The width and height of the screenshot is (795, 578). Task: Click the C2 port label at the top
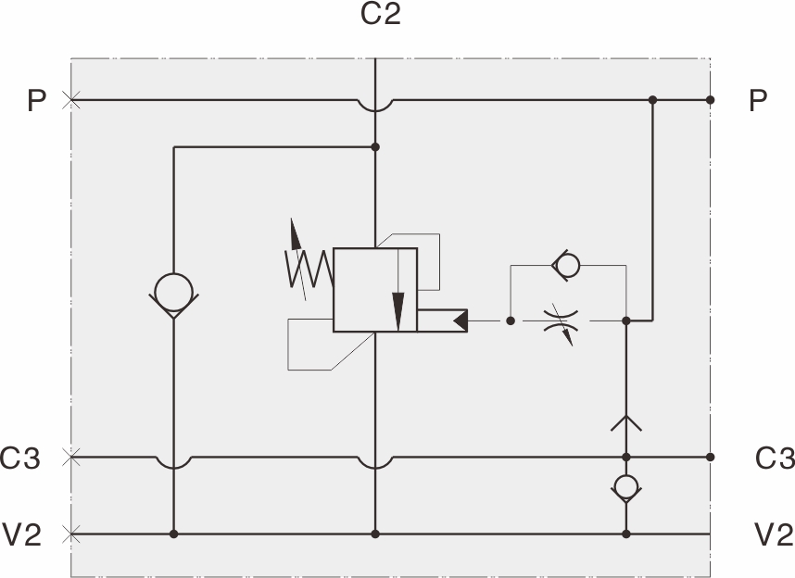pyautogui.click(x=380, y=16)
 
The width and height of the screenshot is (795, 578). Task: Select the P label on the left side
pyautogui.click(x=36, y=100)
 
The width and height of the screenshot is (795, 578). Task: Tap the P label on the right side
pyautogui.click(x=758, y=100)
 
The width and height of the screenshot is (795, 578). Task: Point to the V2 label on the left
pyautogui.click(x=22, y=534)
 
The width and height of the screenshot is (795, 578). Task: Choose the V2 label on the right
pyautogui.click(x=775, y=534)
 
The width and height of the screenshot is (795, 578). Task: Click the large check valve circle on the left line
pyautogui.click(x=173, y=293)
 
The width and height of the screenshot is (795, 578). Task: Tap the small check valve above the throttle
pyautogui.click(x=566, y=266)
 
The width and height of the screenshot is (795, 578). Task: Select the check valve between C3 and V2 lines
pyautogui.click(x=626, y=487)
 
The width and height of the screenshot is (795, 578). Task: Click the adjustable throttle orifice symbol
pyautogui.click(x=557, y=321)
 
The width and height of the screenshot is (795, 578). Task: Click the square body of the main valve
pyautogui.click(x=375, y=289)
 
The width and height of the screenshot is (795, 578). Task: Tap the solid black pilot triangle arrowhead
pyautogui.click(x=461, y=321)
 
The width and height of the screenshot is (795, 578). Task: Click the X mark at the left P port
pyautogui.click(x=69, y=100)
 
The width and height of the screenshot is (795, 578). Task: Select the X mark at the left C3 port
pyautogui.click(x=71, y=457)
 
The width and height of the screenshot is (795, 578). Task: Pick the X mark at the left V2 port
pyautogui.click(x=71, y=534)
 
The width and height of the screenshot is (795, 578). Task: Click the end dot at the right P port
pyautogui.click(x=710, y=100)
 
